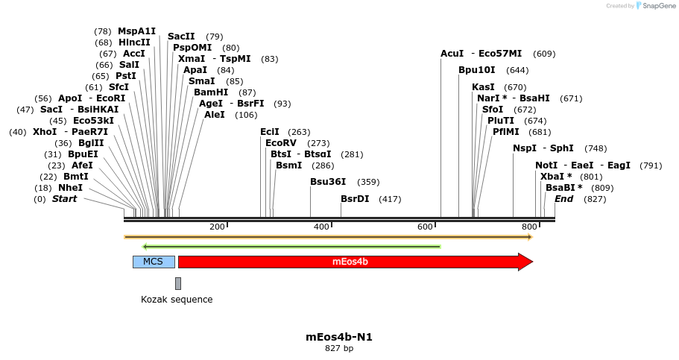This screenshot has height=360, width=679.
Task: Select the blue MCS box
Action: click(154, 262)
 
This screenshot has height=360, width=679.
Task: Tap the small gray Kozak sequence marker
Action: click(178, 283)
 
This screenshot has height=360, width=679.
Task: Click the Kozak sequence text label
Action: click(177, 300)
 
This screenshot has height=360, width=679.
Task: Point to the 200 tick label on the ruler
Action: click(217, 227)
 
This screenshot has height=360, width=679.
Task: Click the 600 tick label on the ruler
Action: click(426, 227)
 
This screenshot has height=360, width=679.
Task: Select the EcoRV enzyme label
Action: click(281, 143)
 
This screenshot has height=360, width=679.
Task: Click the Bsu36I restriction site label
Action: click(328, 182)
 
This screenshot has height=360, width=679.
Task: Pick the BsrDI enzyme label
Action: click(355, 199)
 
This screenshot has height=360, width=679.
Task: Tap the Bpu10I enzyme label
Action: click(476, 70)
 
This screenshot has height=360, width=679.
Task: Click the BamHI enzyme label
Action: click(211, 92)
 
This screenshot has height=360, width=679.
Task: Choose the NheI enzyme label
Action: click(70, 188)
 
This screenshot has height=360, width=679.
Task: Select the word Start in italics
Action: click(64, 199)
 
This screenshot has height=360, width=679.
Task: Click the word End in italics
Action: click(563, 199)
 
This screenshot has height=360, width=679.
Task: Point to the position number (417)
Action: click(390, 199)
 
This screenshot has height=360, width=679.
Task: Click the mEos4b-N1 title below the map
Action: click(339, 337)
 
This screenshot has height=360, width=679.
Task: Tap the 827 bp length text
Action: click(339, 348)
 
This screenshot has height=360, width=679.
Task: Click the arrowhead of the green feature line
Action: click(145, 246)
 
